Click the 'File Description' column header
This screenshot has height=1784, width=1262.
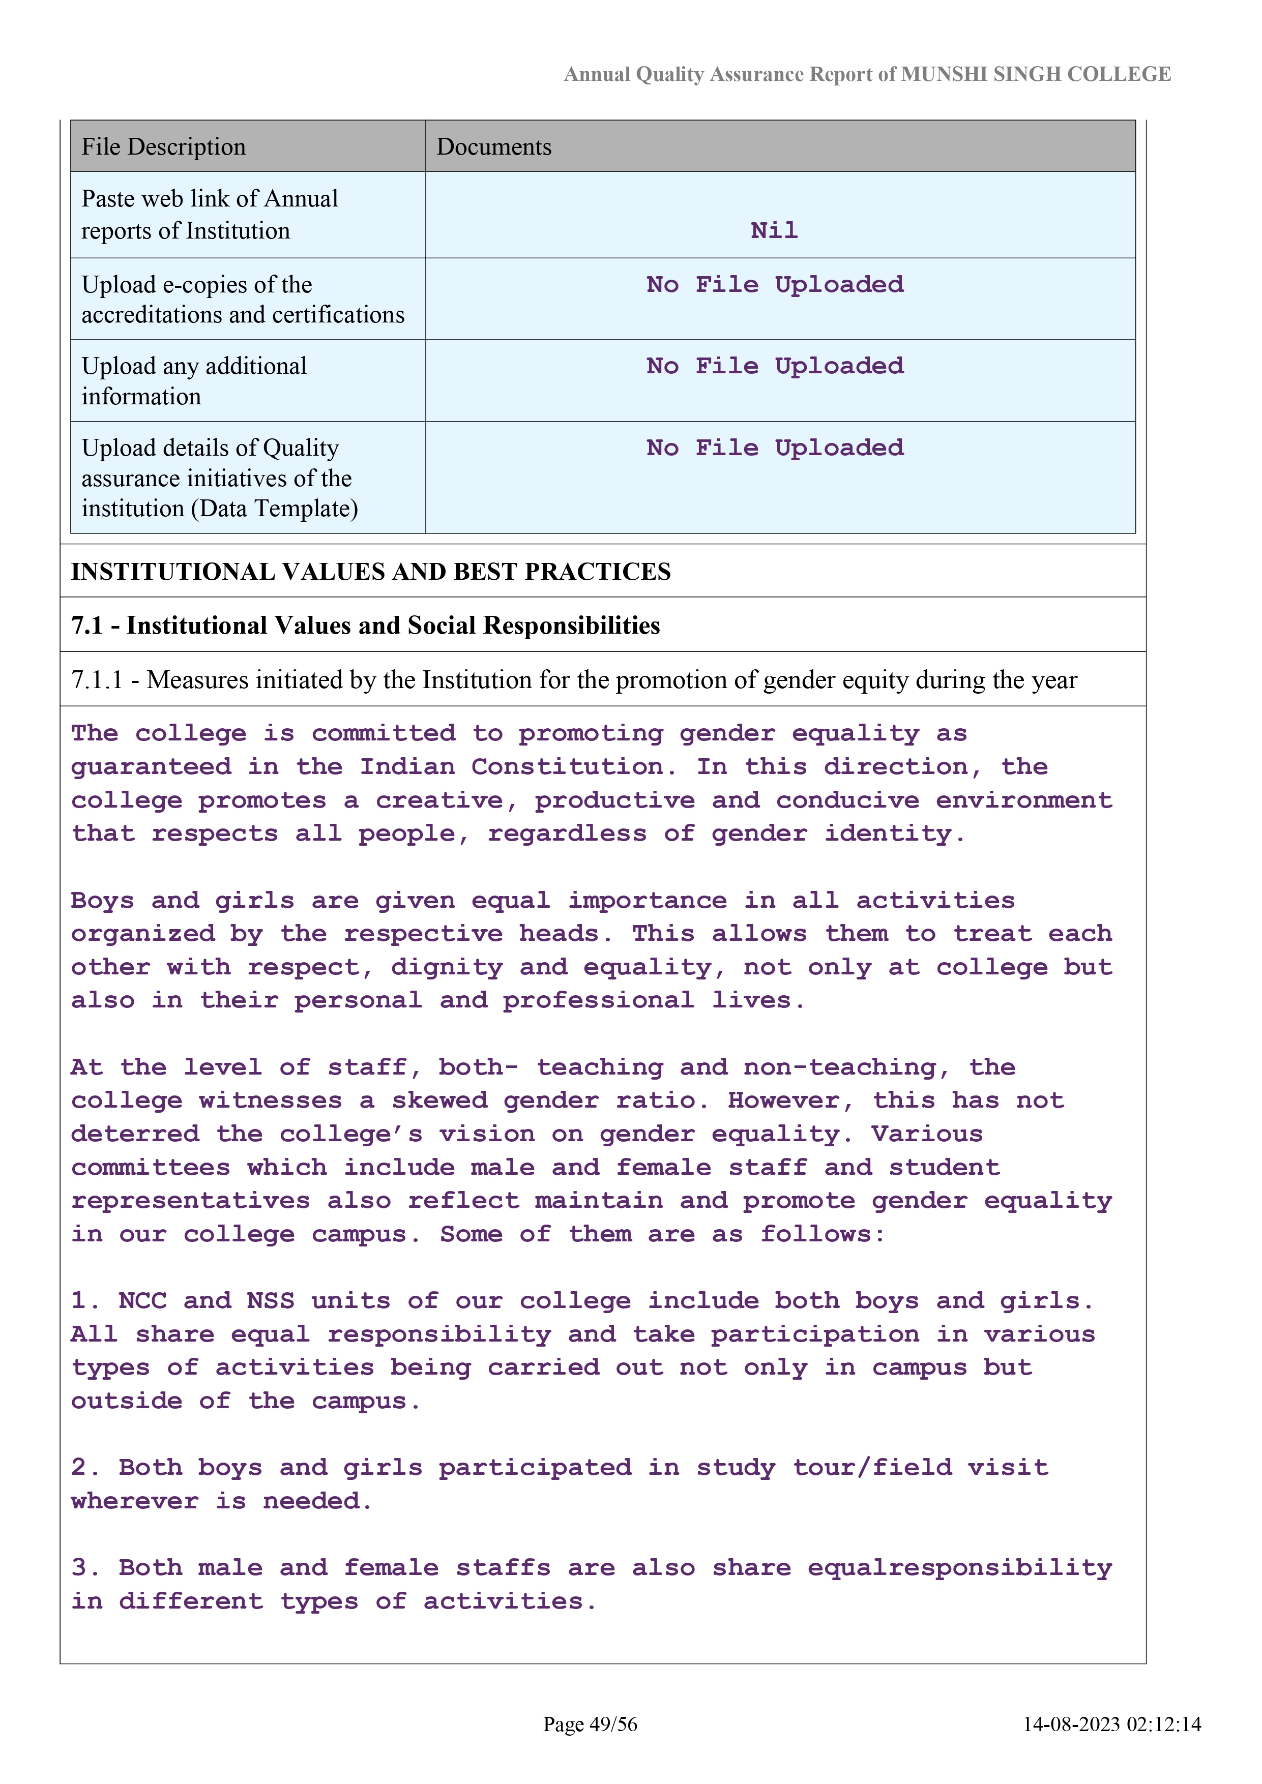point(163,147)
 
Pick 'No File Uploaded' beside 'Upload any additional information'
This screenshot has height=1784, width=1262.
point(775,366)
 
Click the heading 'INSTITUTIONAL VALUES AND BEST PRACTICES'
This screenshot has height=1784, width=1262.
point(371,572)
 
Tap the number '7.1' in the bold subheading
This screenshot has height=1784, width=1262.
point(86,626)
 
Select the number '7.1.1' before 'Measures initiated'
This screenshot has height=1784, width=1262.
point(96,680)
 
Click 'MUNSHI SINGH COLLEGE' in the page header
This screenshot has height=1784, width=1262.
point(1035,75)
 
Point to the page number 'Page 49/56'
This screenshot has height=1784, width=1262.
point(590,1724)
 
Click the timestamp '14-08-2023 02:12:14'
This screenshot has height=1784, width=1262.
point(1111,1724)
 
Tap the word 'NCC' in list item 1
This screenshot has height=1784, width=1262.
point(142,1301)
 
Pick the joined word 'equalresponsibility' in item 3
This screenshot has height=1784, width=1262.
point(960,1567)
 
